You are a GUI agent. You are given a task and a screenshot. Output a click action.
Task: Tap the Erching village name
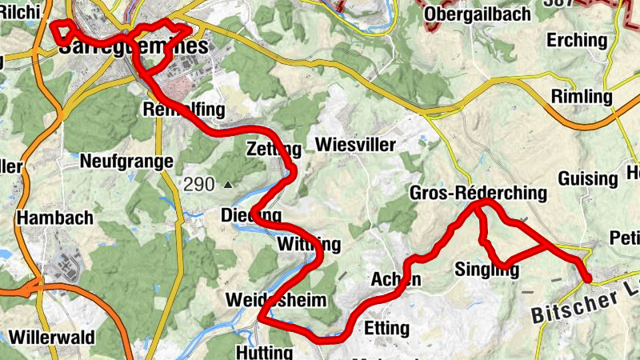pyautogui.click(x=577, y=40)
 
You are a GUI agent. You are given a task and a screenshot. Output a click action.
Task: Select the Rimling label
pyautogui.click(x=582, y=98)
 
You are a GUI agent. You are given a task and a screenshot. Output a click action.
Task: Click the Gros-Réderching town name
pyautogui.click(x=478, y=193)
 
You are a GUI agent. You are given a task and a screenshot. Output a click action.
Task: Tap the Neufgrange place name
pyautogui.click(x=126, y=162)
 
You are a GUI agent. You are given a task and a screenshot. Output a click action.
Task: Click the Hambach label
pyautogui.click(x=55, y=218)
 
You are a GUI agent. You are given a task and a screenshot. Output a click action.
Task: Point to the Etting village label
pyautogui.click(x=386, y=328)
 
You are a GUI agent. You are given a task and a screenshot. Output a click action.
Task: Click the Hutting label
pyautogui.click(x=265, y=352)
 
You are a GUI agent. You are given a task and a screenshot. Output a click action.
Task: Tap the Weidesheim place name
pyautogui.click(x=277, y=301)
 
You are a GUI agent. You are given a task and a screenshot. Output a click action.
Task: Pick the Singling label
pyautogui.click(x=486, y=270)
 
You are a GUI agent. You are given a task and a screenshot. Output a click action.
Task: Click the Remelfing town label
pyautogui.click(x=182, y=109)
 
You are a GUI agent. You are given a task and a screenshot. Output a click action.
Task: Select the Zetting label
pyautogui.click(x=274, y=149)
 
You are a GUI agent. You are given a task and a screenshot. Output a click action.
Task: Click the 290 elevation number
pyautogui.click(x=198, y=185)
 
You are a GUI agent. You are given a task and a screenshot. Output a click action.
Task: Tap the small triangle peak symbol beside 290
pyautogui.click(x=228, y=185)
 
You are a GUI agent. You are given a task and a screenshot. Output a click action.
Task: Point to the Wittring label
pyautogui.click(x=308, y=244)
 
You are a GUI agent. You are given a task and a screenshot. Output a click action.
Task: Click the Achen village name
pyautogui.click(x=396, y=279)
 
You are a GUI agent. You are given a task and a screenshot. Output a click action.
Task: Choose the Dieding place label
pyautogui.click(x=250, y=216)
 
